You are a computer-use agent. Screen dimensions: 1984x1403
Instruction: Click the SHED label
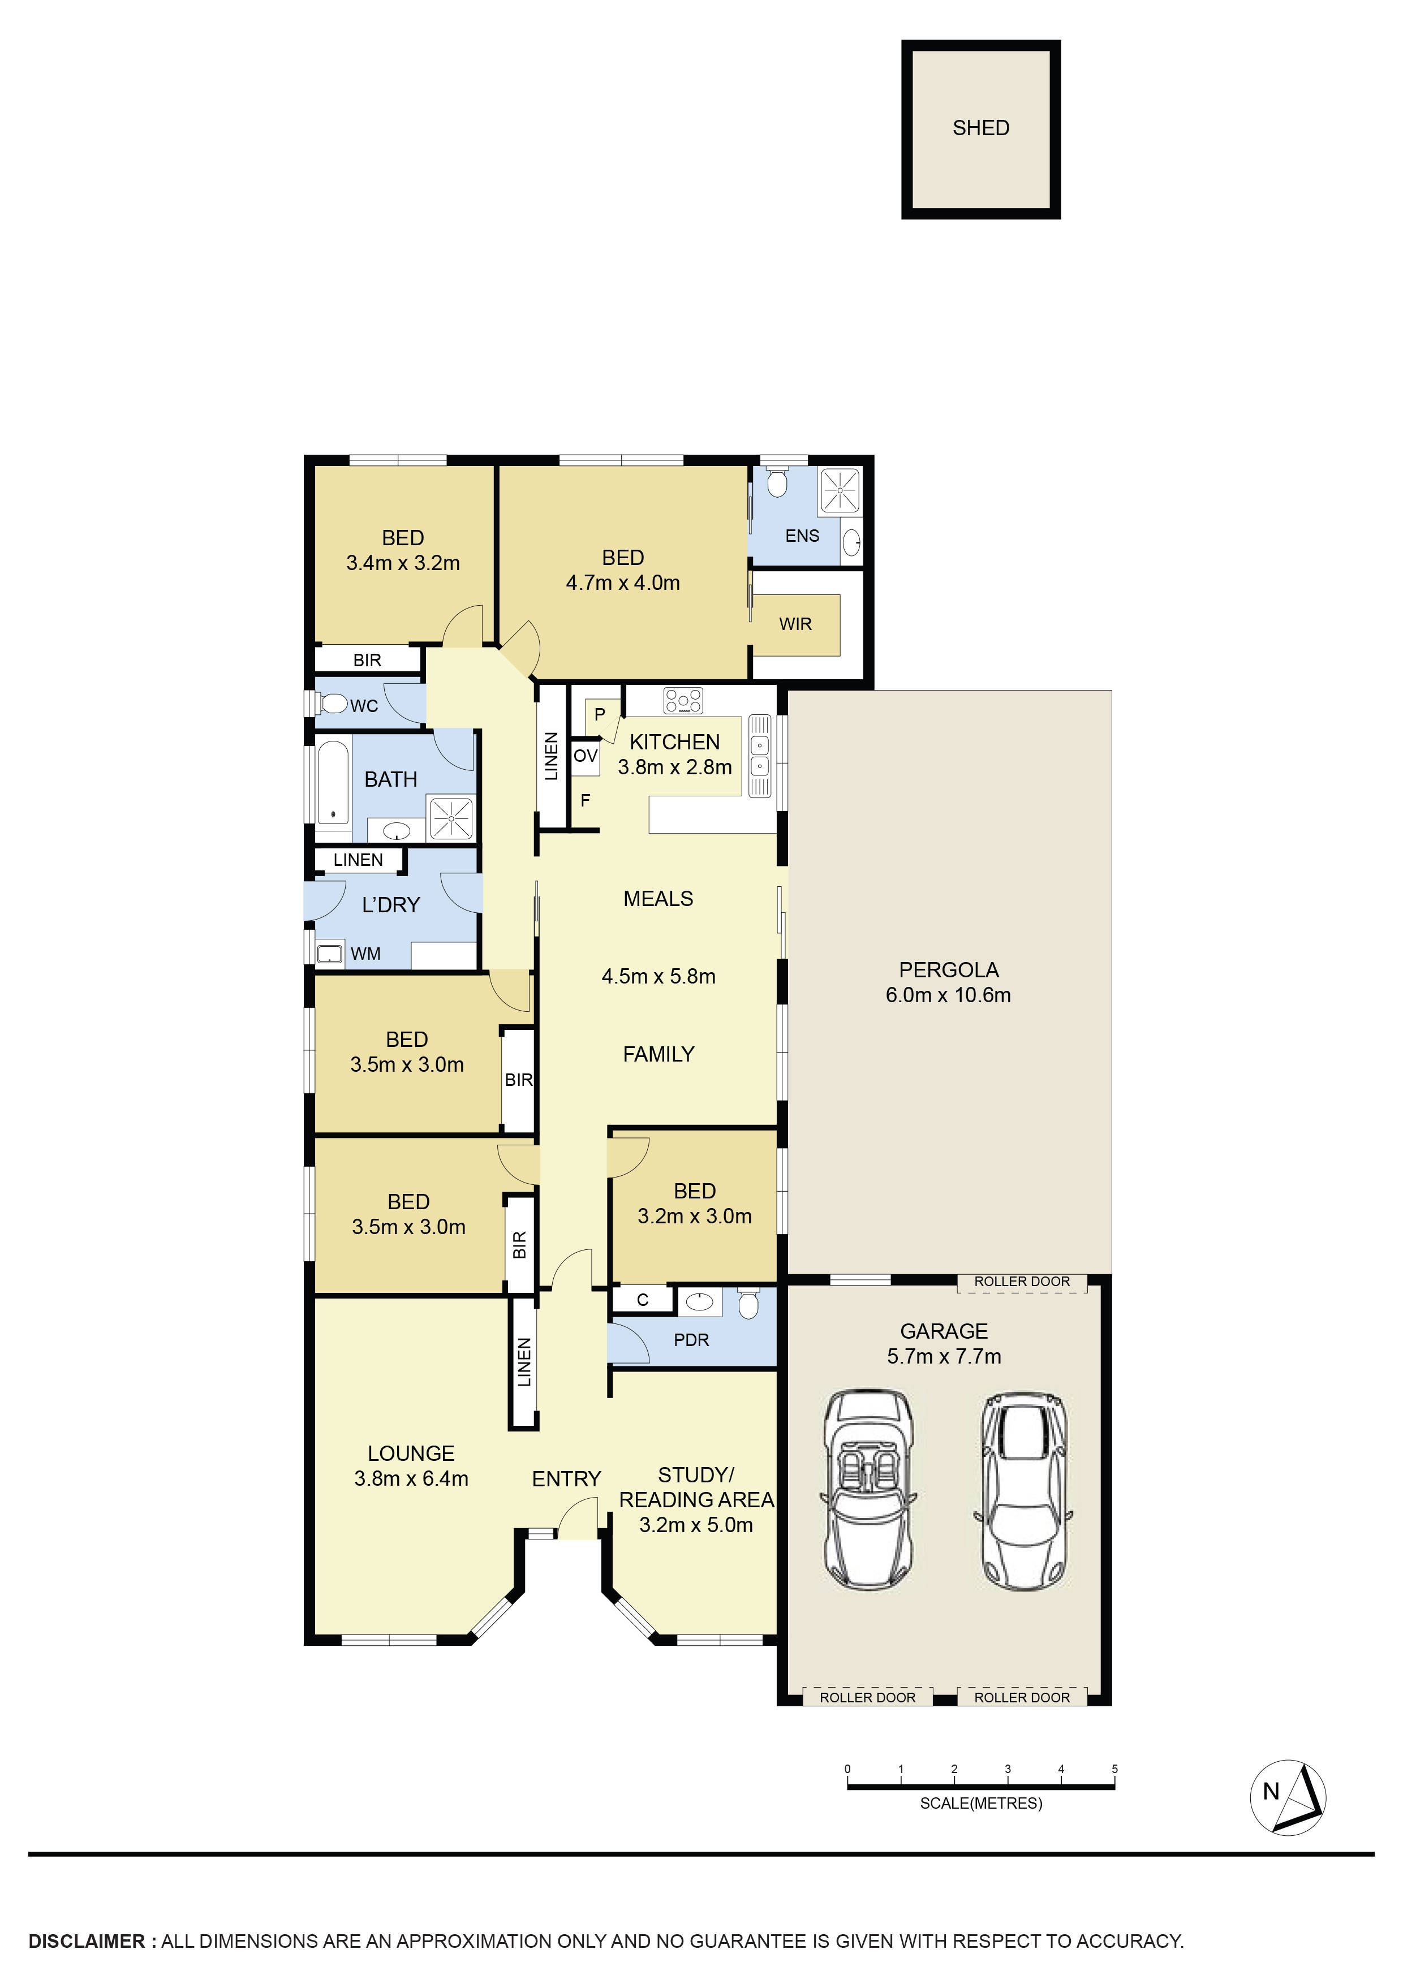coord(980,128)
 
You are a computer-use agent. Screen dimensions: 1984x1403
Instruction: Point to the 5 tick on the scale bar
coord(1114,1770)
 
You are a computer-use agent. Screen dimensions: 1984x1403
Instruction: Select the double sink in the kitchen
coord(759,754)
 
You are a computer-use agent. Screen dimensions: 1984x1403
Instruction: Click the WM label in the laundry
coord(365,954)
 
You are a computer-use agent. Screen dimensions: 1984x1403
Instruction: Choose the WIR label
coord(795,624)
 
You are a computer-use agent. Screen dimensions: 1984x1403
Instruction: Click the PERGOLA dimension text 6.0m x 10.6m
coord(948,995)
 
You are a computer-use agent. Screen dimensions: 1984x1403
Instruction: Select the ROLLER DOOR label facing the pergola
coord(1022,1282)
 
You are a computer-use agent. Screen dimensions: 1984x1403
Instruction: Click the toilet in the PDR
coord(748,1304)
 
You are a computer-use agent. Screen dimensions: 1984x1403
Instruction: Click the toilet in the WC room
coord(332,704)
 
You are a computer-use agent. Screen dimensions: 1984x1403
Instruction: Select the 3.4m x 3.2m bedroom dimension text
coord(403,563)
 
